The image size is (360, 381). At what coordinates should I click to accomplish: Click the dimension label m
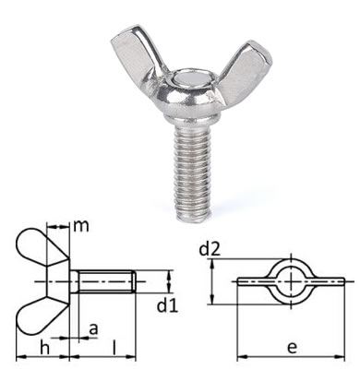point(81,226)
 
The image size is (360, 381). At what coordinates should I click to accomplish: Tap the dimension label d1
point(167,306)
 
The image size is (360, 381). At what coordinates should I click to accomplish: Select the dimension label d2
point(210,249)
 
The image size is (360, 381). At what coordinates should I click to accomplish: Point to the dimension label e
point(292,348)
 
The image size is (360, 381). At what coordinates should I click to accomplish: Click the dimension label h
point(45,348)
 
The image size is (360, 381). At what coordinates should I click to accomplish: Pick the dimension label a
point(93,329)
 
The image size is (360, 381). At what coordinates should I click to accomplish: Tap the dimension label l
point(114,348)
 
